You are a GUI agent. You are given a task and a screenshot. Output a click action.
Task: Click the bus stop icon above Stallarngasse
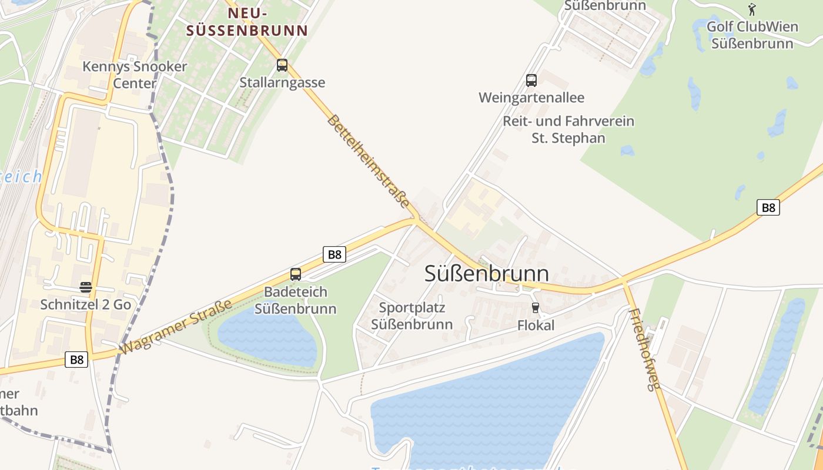point(282,65)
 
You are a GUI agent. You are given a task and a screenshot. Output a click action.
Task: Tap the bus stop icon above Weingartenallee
point(531,80)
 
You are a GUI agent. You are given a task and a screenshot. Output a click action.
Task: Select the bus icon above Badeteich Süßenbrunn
point(296,274)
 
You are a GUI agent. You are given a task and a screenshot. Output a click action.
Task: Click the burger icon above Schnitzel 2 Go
point(86,287)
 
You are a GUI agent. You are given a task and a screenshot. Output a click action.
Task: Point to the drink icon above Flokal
point(535,308)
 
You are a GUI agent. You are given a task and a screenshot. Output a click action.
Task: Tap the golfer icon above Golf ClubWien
point(752,9)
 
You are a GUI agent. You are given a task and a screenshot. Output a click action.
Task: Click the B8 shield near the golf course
point(768,207)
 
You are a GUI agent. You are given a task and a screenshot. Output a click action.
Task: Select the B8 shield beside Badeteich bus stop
point(334,254)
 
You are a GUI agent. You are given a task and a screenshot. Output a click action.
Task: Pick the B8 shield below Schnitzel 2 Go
point(76,360)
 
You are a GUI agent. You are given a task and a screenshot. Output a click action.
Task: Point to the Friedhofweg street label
point(645,350)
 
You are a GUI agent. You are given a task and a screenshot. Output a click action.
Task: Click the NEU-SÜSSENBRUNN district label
point(247,22)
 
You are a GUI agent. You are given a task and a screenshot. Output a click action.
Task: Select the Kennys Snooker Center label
point(135,75)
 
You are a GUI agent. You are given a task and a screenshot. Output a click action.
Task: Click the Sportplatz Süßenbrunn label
point(412,316)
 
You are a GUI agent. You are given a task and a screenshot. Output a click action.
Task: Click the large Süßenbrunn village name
point(487,274)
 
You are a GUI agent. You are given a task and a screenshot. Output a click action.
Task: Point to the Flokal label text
point(536,325)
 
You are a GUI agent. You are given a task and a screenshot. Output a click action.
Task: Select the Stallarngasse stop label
point(282,83)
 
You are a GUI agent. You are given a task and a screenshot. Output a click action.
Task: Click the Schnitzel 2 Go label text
point(86,304)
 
